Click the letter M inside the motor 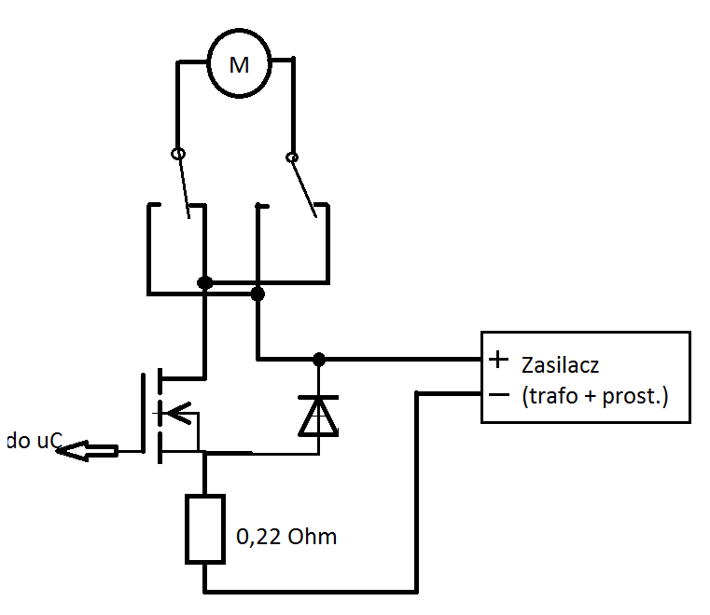[239, 65]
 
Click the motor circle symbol [208, 63]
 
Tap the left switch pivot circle [178, 154]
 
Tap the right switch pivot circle [292, 157]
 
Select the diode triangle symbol [318, 417]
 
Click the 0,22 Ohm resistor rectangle [187, 529]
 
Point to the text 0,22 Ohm [286, 537]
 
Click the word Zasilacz [560, 365]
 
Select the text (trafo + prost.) [595, 396]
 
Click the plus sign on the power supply [498, 360]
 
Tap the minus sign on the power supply [499, 395]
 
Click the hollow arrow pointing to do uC [87, 450]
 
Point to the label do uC [34, 441]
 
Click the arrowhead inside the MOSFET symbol [178, 413]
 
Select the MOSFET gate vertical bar [143, 413]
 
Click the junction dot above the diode [319, 360]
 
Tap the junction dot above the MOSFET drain [204, 283]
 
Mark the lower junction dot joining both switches [258, 294]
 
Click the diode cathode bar [318, 398]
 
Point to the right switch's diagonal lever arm [303, 187]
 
